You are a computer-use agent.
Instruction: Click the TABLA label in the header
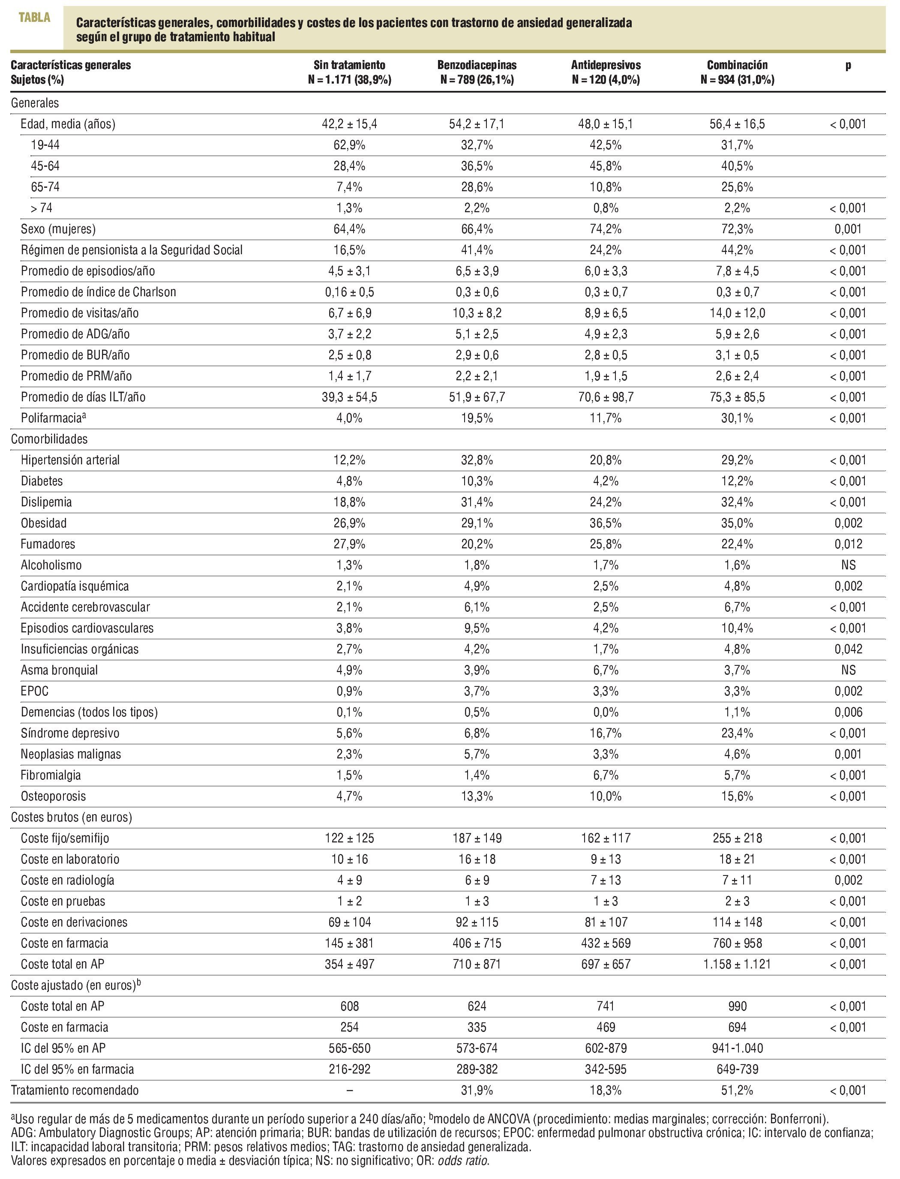34,17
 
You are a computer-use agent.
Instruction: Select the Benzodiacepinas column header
477,65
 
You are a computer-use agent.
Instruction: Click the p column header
848,65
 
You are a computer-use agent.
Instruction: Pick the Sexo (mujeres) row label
58,229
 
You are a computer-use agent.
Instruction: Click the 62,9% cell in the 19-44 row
349,145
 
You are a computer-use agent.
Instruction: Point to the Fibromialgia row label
51,775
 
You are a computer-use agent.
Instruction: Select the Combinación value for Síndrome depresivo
737,733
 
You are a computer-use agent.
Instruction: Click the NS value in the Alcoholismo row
848,565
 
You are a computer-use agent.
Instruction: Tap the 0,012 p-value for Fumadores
848,544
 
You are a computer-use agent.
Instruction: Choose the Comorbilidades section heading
49,439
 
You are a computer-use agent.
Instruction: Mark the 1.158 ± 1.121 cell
737,964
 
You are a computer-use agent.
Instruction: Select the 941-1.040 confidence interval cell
737,1048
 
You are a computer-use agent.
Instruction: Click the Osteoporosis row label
53,797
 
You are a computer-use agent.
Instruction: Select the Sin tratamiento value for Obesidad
349,523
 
